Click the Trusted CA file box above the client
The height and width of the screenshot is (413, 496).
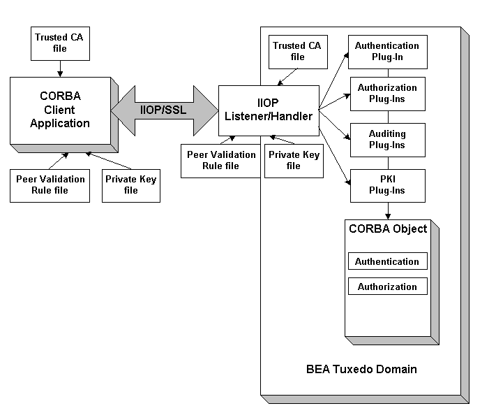click(x=62, y=43)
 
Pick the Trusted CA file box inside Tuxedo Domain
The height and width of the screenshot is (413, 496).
click(x=298, y=51)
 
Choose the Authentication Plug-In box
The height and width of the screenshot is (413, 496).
click(x=387, y=51)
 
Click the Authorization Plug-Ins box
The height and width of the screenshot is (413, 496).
click(x=387, y=93)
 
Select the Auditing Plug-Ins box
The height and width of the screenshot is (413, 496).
click(x=387, y=139)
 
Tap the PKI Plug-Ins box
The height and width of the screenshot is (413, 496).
click(x=387, y=185)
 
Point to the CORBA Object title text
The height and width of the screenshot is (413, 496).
click(x=387, y=229)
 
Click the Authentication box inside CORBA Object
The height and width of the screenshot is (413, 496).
click(x=387, y=261)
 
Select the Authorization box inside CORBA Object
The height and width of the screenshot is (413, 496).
click(x=387, y=287)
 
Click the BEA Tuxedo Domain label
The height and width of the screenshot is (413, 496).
click(x=361, y=368)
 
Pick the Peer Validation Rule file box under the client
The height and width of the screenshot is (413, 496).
click(x=50, y=184)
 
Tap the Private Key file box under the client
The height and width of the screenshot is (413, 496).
click(x=131, y=184)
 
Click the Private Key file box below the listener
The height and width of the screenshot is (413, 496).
click(x=293, y=160)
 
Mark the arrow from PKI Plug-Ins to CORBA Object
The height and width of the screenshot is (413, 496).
click(x=387, y=210)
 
